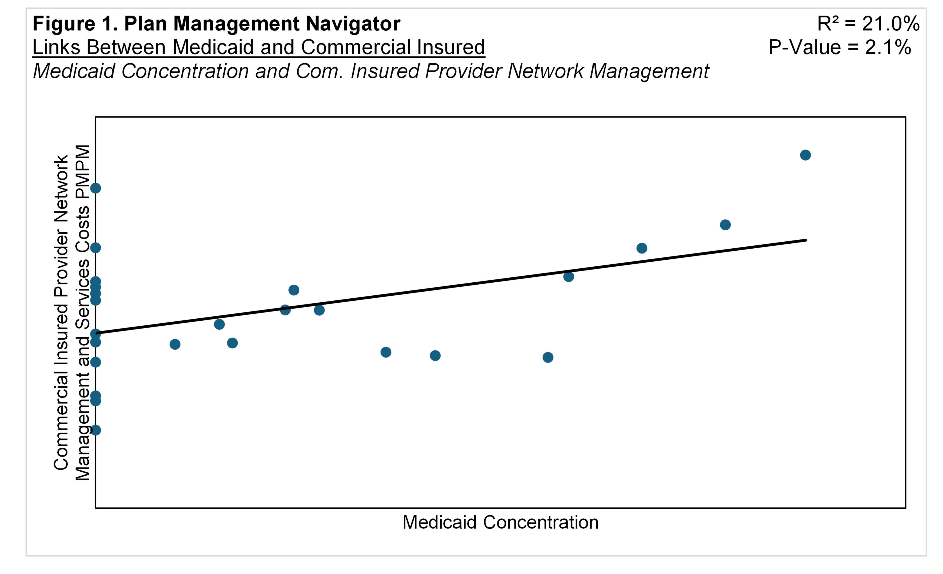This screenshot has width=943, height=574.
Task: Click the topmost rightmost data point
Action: [x=805, y=155]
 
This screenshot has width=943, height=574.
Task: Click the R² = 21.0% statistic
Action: [x=868, y=24]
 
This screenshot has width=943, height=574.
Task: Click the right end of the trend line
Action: [x=806, y=240]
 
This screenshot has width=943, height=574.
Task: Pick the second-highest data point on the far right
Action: [x=725, y=225]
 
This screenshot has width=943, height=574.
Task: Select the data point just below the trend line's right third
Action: [x=569, y=277]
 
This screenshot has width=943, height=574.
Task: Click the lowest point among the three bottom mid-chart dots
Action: [x=548, y=357]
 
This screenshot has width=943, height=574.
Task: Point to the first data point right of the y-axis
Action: [x=175, y=344]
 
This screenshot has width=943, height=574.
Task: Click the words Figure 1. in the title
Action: [x=75, y=24]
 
